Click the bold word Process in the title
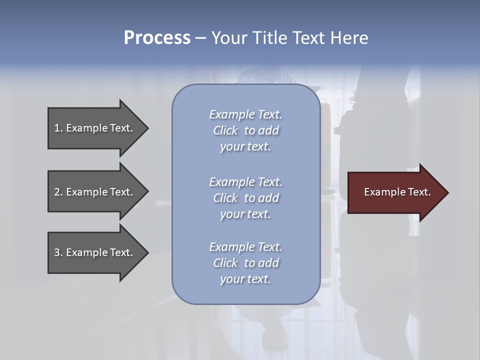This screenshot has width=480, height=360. click(x=157, y=38)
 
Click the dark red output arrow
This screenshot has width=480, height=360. click(x=395, y=192)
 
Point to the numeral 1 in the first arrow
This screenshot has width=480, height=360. click(x=57, y=128)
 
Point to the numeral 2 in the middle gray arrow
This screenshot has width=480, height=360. click(x=57, y=192)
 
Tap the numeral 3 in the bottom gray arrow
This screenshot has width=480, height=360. click(x=57, y=252)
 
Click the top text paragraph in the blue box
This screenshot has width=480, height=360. click(x=245, y=130)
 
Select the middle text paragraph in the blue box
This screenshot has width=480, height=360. click(x=245, y=198)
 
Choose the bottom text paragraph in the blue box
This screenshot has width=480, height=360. click(x=245, y=263)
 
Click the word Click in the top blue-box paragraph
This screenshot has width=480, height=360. click(x=225, y=130)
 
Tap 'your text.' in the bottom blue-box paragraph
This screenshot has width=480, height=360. click(x=245, y=279)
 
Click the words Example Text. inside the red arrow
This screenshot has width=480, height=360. click(x=397, y=192)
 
